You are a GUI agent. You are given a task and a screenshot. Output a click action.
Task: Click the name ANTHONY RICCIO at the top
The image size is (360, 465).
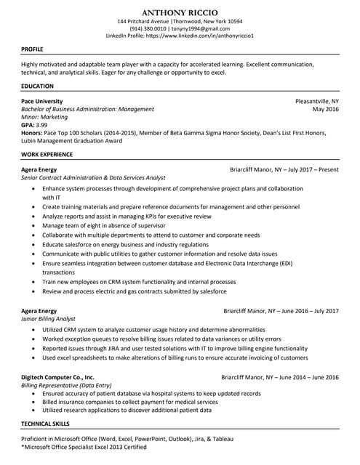180,12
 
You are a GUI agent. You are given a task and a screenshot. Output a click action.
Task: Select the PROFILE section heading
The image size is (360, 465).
33,49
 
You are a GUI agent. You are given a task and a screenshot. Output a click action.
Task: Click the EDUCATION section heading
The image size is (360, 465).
37,86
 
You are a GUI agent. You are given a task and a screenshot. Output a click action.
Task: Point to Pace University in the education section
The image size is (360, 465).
42,101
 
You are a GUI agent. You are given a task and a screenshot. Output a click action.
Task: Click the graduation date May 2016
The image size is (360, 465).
325,109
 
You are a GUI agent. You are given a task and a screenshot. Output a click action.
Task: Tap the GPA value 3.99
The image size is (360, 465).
44,125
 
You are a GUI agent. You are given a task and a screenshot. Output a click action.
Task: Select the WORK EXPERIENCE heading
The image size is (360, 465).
47,154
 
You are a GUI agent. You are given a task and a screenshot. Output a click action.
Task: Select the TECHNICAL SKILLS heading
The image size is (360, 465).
46,423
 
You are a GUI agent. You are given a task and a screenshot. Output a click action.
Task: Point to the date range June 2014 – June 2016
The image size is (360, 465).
309,378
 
